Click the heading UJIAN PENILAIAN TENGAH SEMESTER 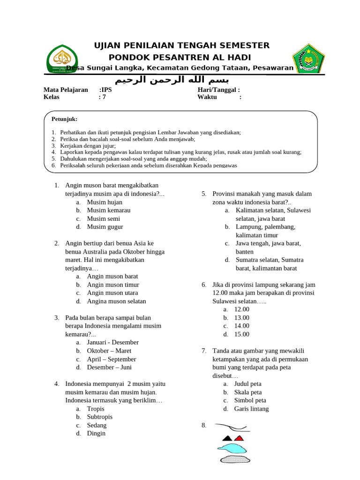pos(182,45)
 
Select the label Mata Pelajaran pos(66,90)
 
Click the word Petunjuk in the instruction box pos(64,119)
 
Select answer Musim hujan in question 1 pos(105,202)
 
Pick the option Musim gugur pos(105,227)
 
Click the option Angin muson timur pos(113,285)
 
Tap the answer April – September pos(112,359)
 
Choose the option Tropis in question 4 pos(96,409)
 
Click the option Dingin pos(96,434)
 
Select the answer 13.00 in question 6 pos(242,318)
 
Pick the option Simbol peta pos(250,400)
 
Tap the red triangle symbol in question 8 pos(239,438)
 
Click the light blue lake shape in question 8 pos(232,449)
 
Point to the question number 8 pos(204,426)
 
